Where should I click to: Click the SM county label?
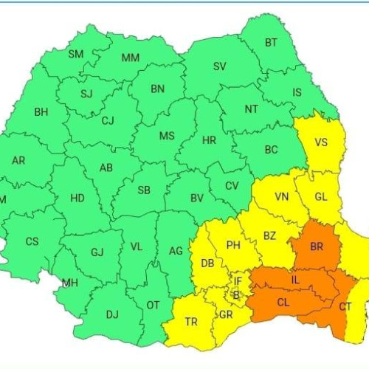coord(76,54)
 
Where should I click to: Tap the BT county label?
coord(272,43)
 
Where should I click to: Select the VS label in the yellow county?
coord(321,142)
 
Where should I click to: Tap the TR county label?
coord(191,323)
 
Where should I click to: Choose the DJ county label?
coord(111,314)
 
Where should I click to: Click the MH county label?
coord(70,283)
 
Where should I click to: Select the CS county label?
coord(32,241)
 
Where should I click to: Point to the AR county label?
coord(18,161)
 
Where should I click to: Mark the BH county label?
coord(41,112)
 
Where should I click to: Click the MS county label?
coord(167,136)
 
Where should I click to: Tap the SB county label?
coord(144,190)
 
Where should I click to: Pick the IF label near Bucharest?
coord(238,280)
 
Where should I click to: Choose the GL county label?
coord(320,197)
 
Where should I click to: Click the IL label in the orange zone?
coord(295,280)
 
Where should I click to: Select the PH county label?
coord(233,245)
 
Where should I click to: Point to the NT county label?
coord(252,108)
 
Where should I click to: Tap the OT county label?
coord(154,304)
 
